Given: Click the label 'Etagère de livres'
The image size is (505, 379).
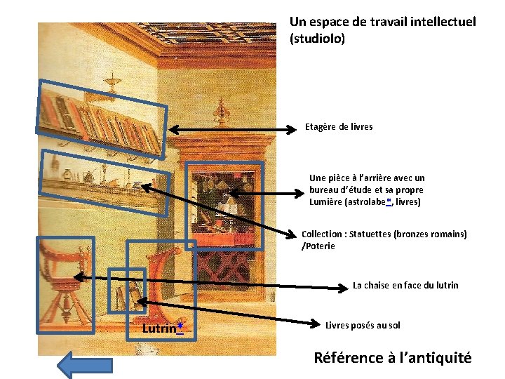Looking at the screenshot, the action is click(339, 127).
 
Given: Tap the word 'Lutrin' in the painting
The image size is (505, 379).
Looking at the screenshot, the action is click(159, 328).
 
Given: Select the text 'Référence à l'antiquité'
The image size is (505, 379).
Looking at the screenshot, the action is click(392, 358).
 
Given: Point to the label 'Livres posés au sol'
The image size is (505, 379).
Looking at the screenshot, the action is click(363, 325).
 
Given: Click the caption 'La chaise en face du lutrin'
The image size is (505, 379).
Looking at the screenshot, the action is click(405, 285).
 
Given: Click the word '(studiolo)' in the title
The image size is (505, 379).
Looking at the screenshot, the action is click(317, 39).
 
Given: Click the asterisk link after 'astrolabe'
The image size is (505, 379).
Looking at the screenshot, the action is click(389, 202).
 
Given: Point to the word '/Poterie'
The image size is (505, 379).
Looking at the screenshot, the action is click(318, 246).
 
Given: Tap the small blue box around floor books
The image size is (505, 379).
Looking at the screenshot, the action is click(127, 290).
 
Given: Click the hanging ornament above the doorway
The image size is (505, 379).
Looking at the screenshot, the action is click(222, 109).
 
